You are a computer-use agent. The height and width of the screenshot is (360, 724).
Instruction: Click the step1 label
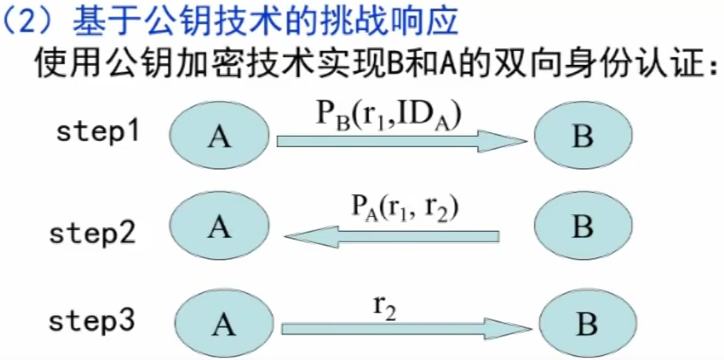97,132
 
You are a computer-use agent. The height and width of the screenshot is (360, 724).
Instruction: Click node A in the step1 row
219,135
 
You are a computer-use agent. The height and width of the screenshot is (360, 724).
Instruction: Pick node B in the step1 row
583,135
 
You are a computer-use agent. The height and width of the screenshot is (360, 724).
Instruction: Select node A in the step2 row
219,227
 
